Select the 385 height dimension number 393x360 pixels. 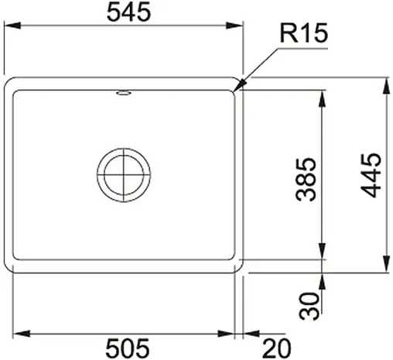(306, 179)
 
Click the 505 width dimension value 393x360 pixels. (126, 346)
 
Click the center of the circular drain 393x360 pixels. (124, 172)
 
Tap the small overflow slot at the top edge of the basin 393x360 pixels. (124, 94)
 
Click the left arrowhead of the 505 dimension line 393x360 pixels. (18, 334)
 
